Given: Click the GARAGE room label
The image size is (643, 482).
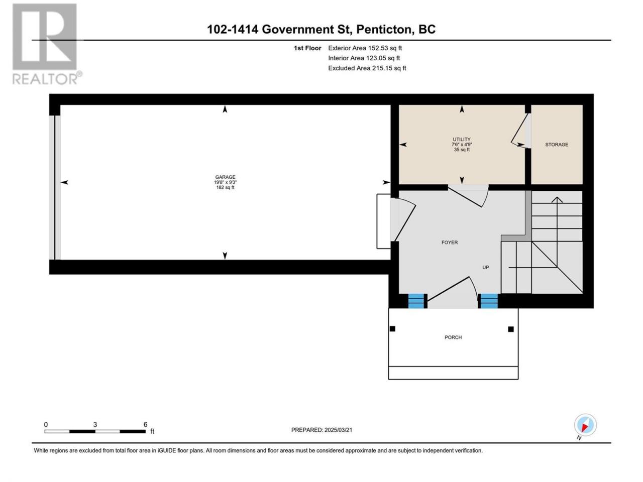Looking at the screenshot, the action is [225, 177].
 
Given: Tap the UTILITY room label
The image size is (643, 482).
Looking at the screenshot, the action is [462, 139].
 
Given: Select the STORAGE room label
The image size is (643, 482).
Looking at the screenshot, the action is [557, 145].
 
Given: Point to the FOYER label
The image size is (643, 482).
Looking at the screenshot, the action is [450, 243].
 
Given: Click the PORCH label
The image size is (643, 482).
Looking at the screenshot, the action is [453, 337].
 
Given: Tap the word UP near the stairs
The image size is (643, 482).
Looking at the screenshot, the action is [485, 267].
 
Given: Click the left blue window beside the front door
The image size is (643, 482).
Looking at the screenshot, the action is [416, 301].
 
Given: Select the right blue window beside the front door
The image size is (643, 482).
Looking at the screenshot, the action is [489, 301].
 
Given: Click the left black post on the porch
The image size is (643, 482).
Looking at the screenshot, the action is [392, 329].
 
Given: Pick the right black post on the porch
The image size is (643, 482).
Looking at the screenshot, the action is [511, 329].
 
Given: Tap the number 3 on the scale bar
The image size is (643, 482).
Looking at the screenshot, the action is [95, 424].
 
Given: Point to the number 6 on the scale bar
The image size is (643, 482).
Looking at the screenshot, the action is [145, 424].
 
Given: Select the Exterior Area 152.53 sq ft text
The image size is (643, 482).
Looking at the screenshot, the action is [365, 48].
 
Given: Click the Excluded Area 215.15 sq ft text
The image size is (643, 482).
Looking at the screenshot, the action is [367, 68].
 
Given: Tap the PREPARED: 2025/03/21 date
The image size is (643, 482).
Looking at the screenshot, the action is [321, 430].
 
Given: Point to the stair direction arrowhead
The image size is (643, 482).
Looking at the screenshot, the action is [557, 200].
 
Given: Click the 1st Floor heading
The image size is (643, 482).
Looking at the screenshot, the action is [307, 48].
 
